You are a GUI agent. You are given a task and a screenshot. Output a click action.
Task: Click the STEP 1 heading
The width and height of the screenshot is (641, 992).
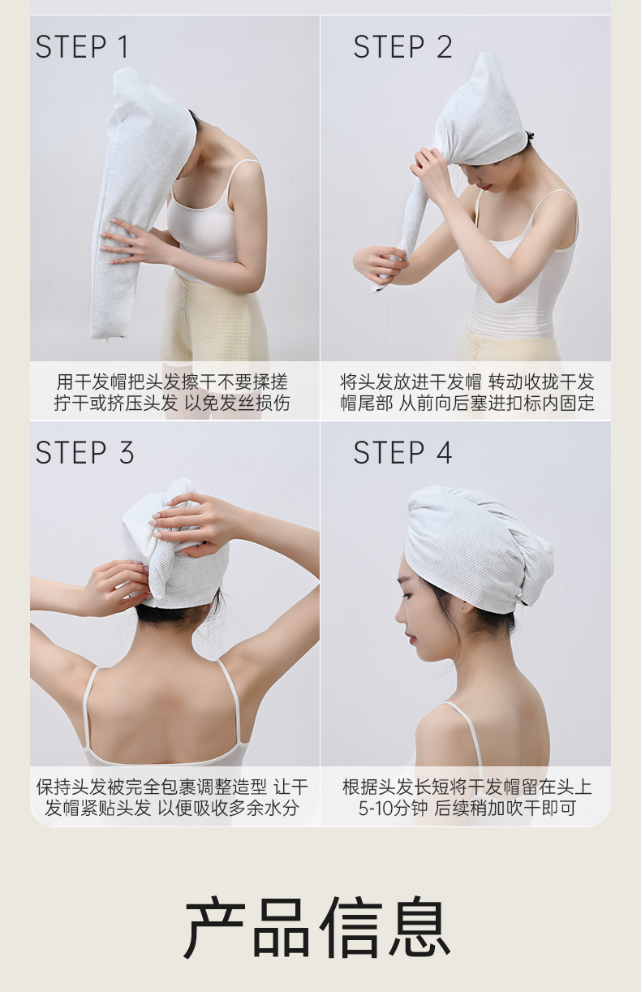pos(82,47)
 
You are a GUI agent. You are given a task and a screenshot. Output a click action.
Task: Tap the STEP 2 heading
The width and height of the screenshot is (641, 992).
pos(402,47)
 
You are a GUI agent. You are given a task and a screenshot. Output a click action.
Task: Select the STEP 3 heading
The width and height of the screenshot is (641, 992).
pos(84,453)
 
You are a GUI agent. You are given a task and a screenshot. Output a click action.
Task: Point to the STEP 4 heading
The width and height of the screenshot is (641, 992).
pos(402,453)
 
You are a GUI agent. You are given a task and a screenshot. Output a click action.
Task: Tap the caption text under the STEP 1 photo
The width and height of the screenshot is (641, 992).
pos(172,392)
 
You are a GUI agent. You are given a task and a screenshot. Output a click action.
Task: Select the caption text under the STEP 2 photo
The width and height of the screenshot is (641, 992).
pos(467,392)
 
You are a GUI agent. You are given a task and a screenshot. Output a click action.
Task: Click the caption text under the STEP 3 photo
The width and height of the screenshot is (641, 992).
pos(172,798)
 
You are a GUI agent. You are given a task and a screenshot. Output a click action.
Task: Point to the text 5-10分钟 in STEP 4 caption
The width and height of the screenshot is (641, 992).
pos(393,809)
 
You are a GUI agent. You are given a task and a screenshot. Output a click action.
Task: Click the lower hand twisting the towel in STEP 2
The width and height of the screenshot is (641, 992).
pos(381,265)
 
